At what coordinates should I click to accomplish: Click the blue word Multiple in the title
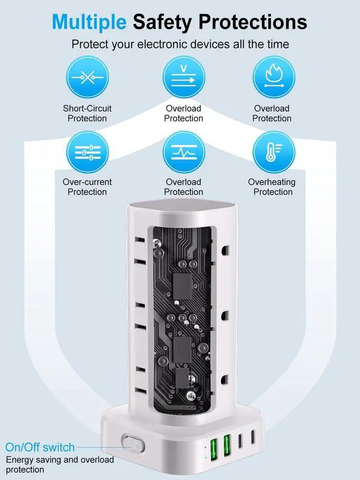(89, 22)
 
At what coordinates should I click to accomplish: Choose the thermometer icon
(273, 152)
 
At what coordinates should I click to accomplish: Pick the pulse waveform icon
(184, 152)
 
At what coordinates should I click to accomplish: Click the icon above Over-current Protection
(87, 152)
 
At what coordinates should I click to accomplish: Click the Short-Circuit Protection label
(87, 113)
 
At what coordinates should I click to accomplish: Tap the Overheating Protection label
(272, 187)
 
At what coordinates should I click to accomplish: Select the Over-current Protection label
(87, 187)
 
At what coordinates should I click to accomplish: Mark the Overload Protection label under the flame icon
(272, 113)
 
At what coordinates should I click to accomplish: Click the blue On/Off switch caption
(40, 447)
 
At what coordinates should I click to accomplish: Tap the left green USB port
(215, 447)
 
